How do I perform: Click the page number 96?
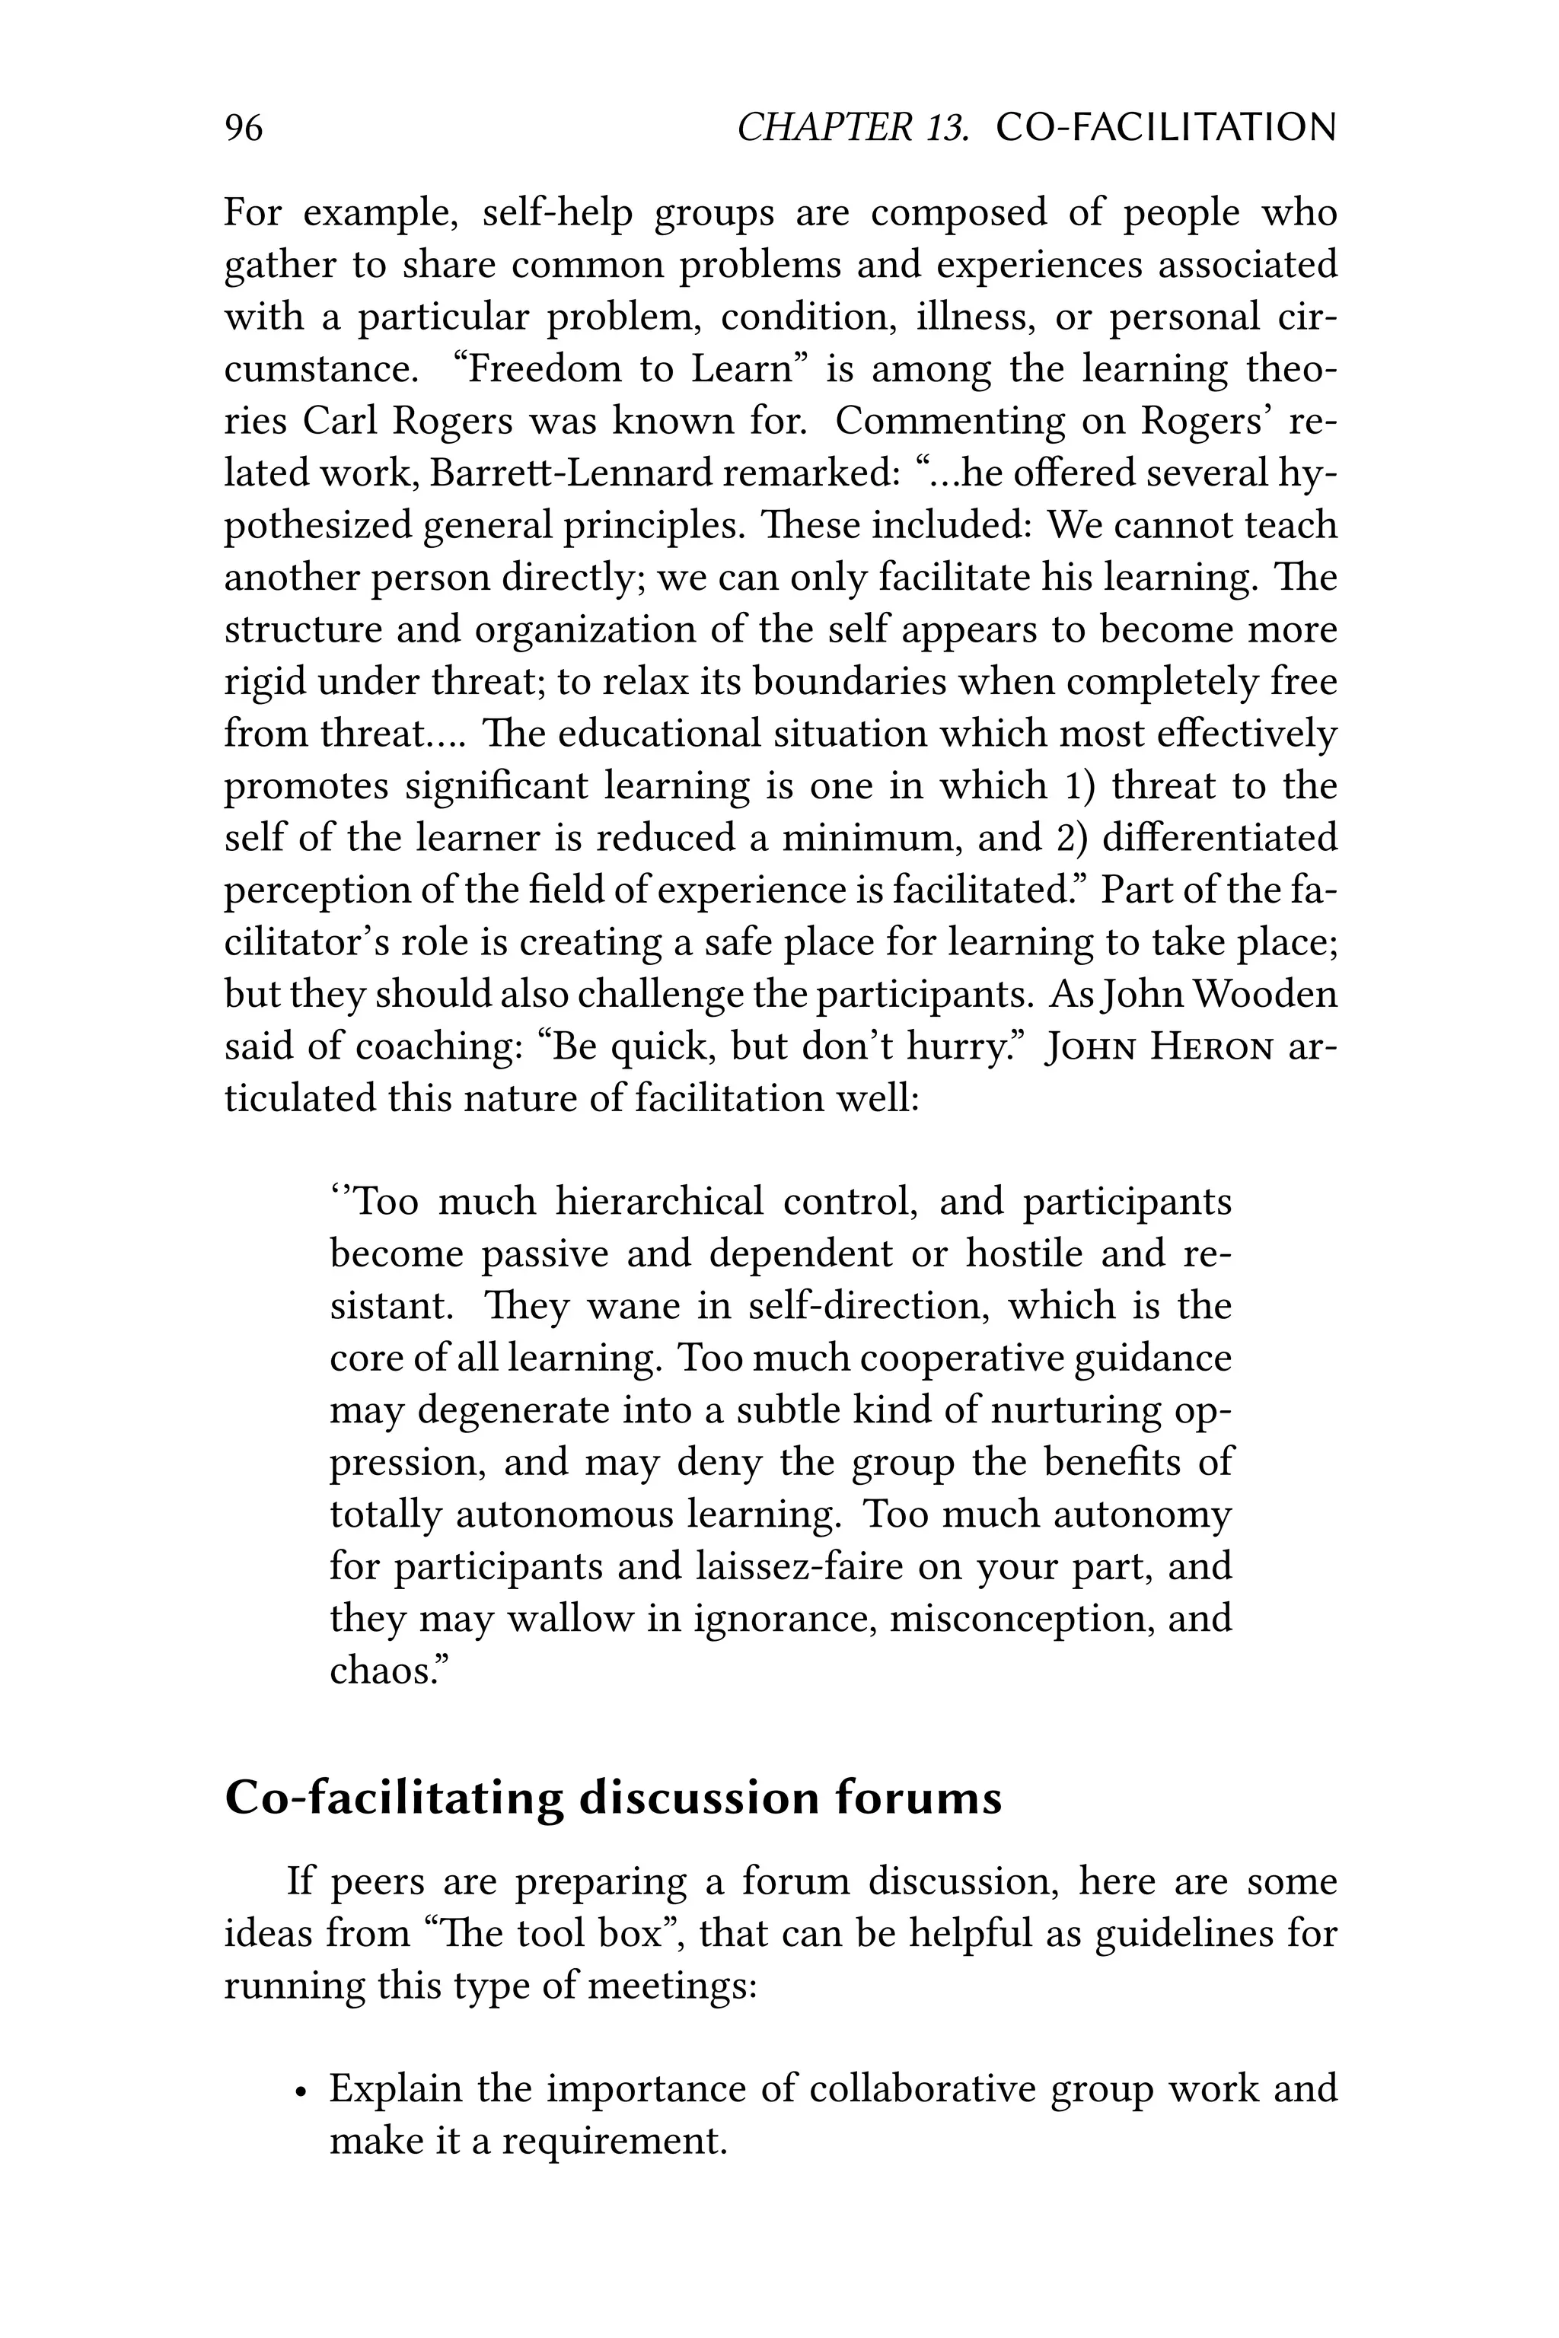pyautogui.click(x=244, y=128)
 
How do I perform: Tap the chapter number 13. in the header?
pyautogui.click(x=945, y=128)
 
